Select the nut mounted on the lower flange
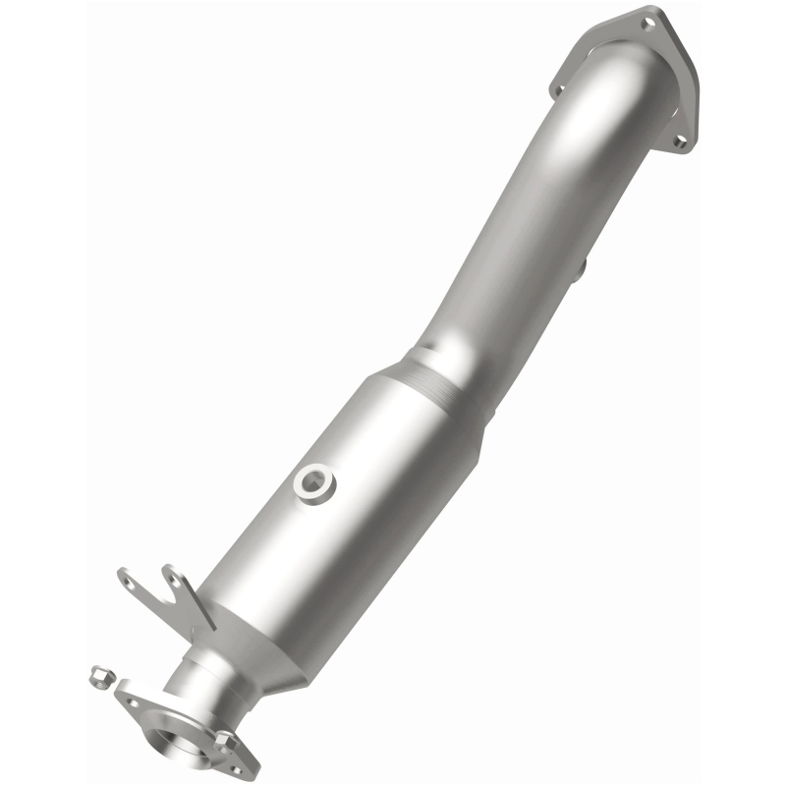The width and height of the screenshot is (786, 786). (224, 739)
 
